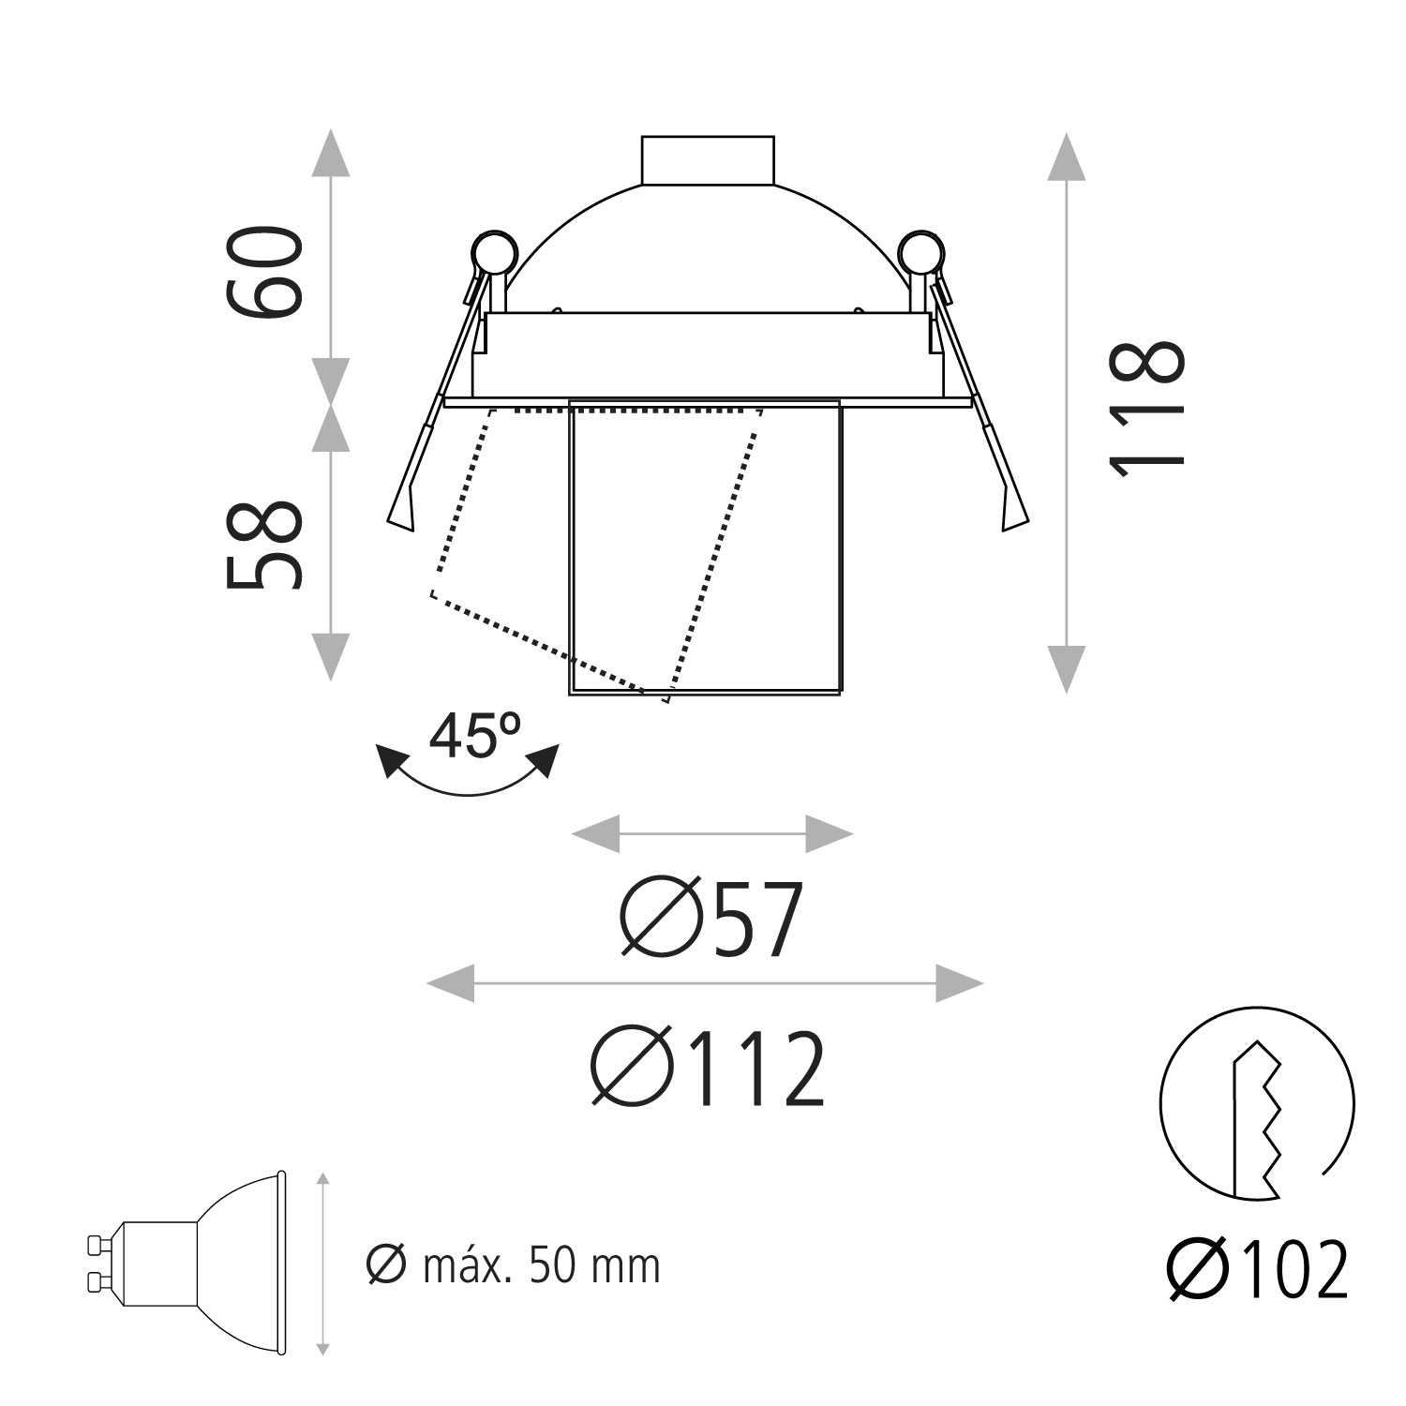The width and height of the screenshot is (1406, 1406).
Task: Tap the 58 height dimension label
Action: point(264,545)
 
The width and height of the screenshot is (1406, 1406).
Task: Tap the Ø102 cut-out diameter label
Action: point(1257,1270)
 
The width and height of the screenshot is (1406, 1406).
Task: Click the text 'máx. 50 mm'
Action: point(542,1266)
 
